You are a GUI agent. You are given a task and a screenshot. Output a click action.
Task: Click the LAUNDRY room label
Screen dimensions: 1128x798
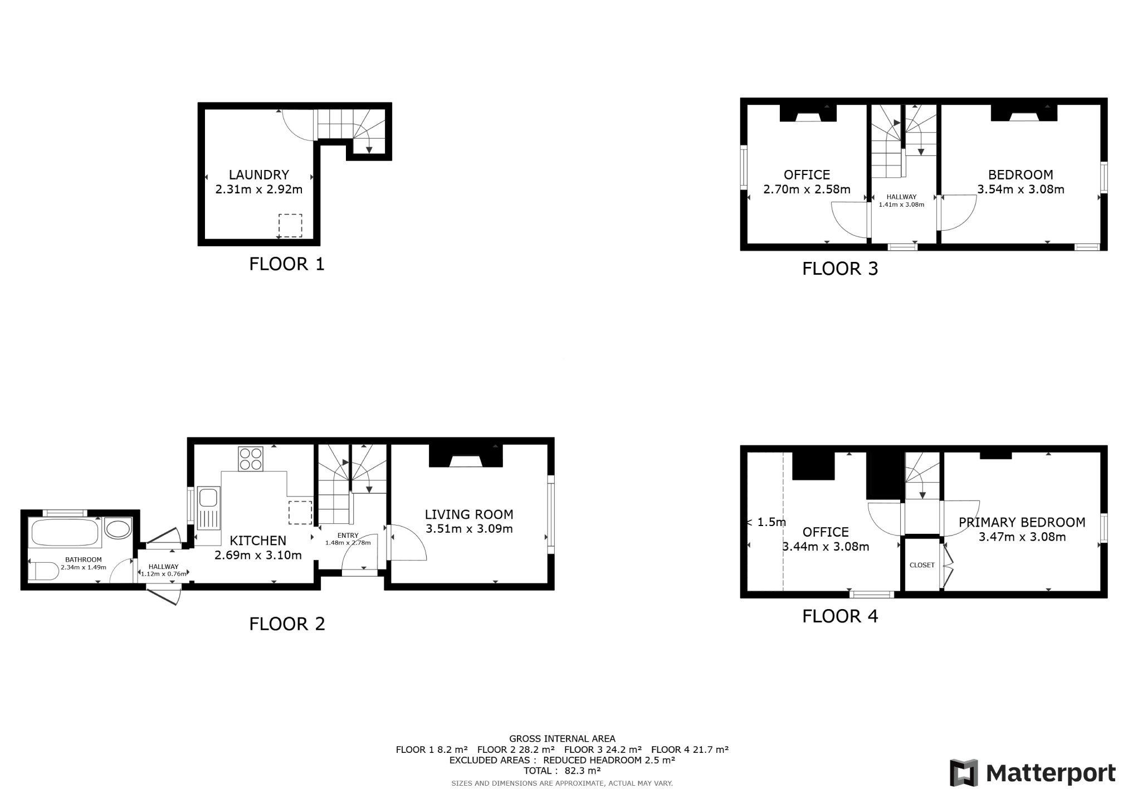(x=258, y=175)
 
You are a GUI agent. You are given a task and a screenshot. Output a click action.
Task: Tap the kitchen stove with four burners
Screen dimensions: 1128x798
(x=250, y=459)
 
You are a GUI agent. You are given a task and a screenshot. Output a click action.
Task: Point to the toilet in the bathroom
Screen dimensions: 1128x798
(x=43, y=571)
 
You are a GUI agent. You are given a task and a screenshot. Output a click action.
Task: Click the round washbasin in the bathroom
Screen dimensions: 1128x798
(x=118, y=528)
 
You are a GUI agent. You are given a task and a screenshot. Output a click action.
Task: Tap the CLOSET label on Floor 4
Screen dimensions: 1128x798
(x=922, y=565)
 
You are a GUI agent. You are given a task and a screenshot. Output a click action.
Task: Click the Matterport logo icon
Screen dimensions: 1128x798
(x=964, y=773)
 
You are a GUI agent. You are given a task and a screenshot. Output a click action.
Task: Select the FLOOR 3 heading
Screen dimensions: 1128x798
(x=840, y=269)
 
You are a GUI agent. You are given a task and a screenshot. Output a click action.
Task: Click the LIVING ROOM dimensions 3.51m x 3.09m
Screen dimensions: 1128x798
(x=469, y=529)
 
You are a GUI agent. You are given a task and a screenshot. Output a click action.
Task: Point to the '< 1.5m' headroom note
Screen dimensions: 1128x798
(x=766, y=522)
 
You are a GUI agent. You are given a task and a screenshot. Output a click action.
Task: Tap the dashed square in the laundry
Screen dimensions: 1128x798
(x=290, y=226)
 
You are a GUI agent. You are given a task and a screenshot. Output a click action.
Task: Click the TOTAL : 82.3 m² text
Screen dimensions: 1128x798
(x=562, y=771)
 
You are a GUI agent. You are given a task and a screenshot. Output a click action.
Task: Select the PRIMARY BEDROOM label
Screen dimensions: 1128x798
(x=1022, y=522)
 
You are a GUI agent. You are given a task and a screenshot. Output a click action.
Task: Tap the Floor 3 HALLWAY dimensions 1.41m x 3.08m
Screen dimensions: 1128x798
(x=901, y=205)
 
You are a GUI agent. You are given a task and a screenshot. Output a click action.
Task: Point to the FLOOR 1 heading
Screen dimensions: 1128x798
(x=287, y=264)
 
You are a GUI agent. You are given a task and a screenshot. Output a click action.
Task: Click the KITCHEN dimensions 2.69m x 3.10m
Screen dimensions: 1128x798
(x=258, y=555)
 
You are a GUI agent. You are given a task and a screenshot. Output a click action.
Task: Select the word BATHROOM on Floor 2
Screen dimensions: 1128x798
(x=84, y=559)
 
